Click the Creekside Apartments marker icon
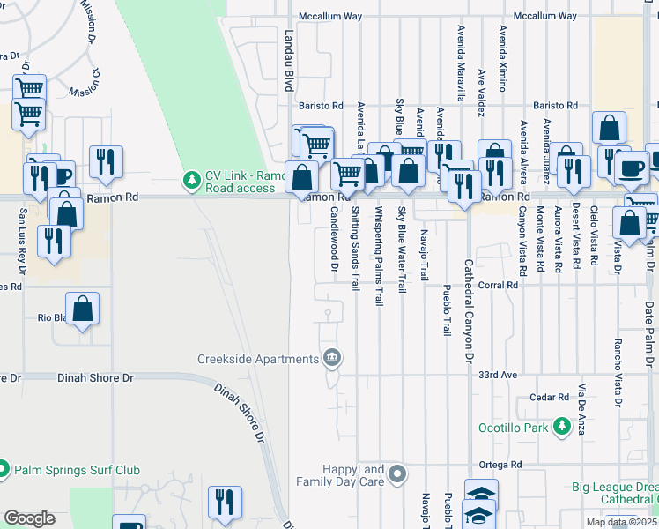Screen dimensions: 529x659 click(332, 358)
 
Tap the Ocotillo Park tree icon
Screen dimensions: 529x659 click(562, 428)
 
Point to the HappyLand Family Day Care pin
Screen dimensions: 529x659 click(397, 475)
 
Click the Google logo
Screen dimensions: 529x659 click(29, 518)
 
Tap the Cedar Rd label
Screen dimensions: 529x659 click(551, 398)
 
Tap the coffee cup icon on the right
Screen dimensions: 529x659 click(631, 168)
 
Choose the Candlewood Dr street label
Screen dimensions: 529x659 click(335, 241)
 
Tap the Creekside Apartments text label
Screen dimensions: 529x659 click(257, 359)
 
